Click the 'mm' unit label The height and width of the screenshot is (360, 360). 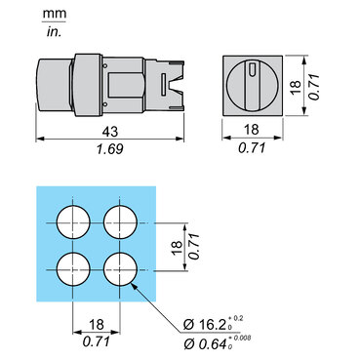pos(55,14)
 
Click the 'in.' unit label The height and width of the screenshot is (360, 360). pos(54,32)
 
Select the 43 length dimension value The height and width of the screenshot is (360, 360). pos(110,132)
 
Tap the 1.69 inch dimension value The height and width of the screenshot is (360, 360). pos(110,149)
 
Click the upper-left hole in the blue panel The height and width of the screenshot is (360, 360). pos(73,222)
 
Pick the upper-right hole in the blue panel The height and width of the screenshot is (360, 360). pos(120,222)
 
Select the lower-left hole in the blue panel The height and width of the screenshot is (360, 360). pos(73,269)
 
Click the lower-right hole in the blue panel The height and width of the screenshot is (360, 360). pos(120,269)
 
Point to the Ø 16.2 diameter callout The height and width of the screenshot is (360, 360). pos(213,323)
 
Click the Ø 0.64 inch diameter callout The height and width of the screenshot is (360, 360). pos(218,343)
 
